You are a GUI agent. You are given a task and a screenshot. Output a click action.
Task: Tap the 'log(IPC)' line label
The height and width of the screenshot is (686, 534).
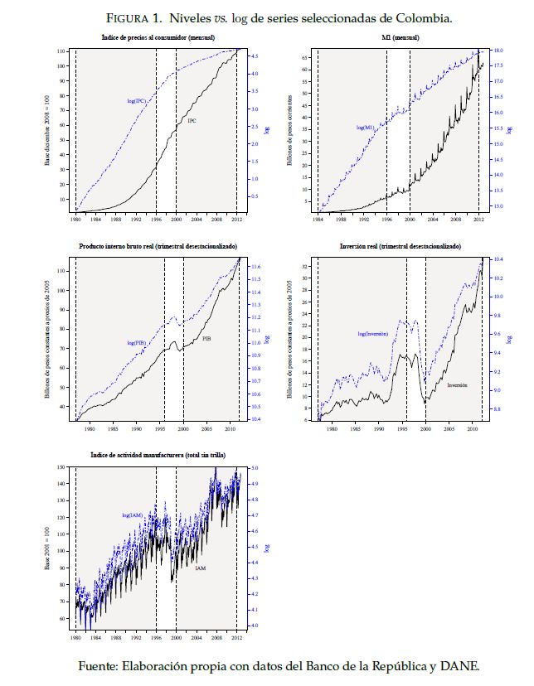pos(137,101)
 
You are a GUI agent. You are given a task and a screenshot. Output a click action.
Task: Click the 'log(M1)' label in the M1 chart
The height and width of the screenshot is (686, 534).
pos(365,128)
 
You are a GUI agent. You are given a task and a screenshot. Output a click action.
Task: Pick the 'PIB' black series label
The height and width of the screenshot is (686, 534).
pos(207,338)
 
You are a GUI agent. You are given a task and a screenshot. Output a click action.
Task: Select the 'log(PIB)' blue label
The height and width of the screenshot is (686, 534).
pos(138,342)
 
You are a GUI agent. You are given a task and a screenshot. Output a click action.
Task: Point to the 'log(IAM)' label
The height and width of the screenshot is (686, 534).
pos(133,515)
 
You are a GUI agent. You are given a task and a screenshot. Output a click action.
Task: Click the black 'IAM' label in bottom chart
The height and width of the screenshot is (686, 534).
pos(201,568)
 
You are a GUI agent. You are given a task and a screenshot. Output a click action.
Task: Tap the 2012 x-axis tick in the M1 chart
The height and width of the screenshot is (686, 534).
pos(478,220)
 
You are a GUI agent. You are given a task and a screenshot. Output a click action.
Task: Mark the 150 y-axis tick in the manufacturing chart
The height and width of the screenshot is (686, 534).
pos(61,468)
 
